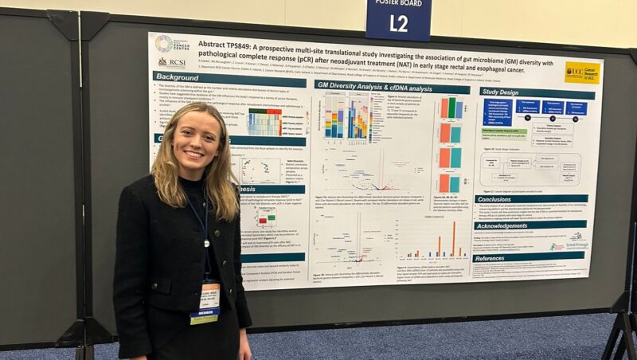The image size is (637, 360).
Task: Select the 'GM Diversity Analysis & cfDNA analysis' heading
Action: coord(381,86)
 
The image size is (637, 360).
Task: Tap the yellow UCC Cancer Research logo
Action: coord(582,72)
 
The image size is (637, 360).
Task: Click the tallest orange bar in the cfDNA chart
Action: coord(454,237)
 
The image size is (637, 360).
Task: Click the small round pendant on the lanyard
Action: coord(206,243)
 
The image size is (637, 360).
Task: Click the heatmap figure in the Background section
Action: coord(264,122)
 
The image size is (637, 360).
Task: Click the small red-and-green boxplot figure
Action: coord(264,217)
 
